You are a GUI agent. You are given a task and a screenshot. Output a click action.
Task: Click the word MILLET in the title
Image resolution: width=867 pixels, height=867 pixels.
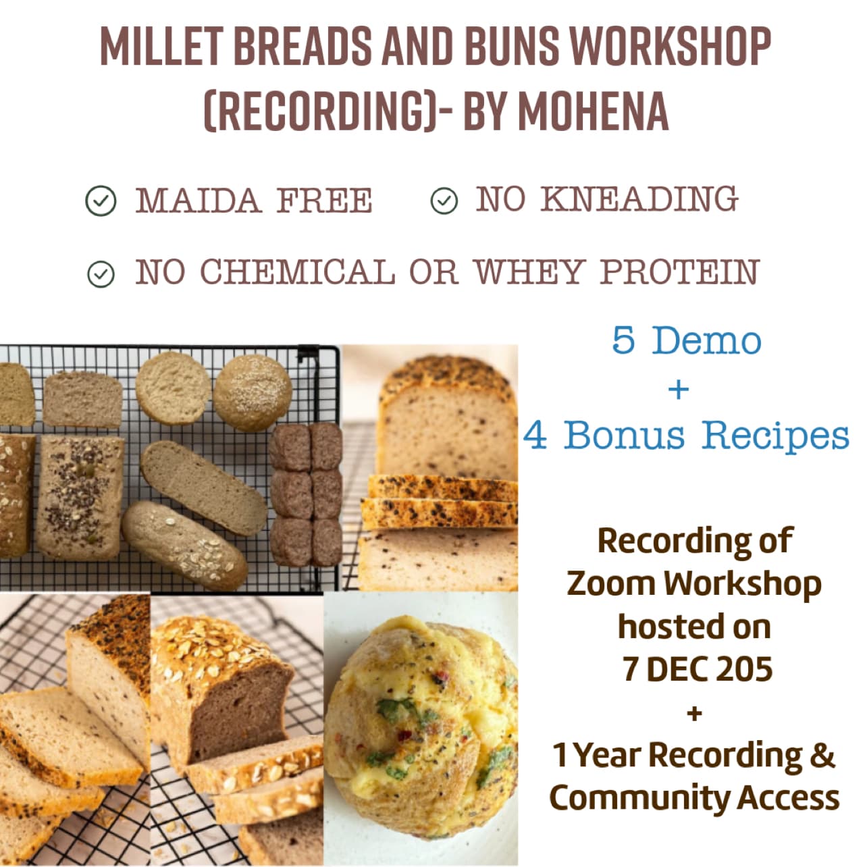click(x=161, y=47)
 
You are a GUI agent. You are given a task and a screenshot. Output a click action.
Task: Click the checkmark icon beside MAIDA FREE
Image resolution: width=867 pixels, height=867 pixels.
click(x=101, y=201)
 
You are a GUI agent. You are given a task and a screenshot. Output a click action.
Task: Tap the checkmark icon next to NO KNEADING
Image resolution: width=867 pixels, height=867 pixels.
click(x=444, y=201)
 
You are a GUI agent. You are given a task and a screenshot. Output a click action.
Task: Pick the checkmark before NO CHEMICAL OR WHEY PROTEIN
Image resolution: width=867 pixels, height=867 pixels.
click(x=101, y=274)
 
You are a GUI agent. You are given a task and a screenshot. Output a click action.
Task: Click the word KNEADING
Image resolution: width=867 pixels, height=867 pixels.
click(x=639, y=199)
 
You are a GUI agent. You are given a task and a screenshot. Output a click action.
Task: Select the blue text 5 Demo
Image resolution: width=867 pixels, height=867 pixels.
click(x=687, y=340)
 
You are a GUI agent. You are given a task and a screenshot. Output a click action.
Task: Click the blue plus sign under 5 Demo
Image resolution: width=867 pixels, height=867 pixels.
click(x=679, y=390)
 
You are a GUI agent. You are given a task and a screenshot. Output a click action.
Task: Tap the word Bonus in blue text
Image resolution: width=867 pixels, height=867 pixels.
click(x=624, y=435)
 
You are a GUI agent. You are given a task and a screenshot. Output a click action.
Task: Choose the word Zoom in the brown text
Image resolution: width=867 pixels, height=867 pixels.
click(x=612, y=584)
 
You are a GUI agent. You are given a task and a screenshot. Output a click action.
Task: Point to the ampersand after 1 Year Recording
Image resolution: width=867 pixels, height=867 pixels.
click(x=823, y=755)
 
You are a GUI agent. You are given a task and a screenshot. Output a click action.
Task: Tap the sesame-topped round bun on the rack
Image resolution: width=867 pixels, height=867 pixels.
click(x=253, y=392)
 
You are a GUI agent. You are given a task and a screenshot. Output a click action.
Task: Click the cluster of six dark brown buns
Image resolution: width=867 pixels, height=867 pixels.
click(x=307, y=494)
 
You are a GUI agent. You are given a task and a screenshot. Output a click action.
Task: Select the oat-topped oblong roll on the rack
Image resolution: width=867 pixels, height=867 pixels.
click(x=184, y=546)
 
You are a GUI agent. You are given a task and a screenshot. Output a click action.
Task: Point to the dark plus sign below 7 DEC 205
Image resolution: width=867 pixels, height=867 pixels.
click(x=695, y=713)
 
